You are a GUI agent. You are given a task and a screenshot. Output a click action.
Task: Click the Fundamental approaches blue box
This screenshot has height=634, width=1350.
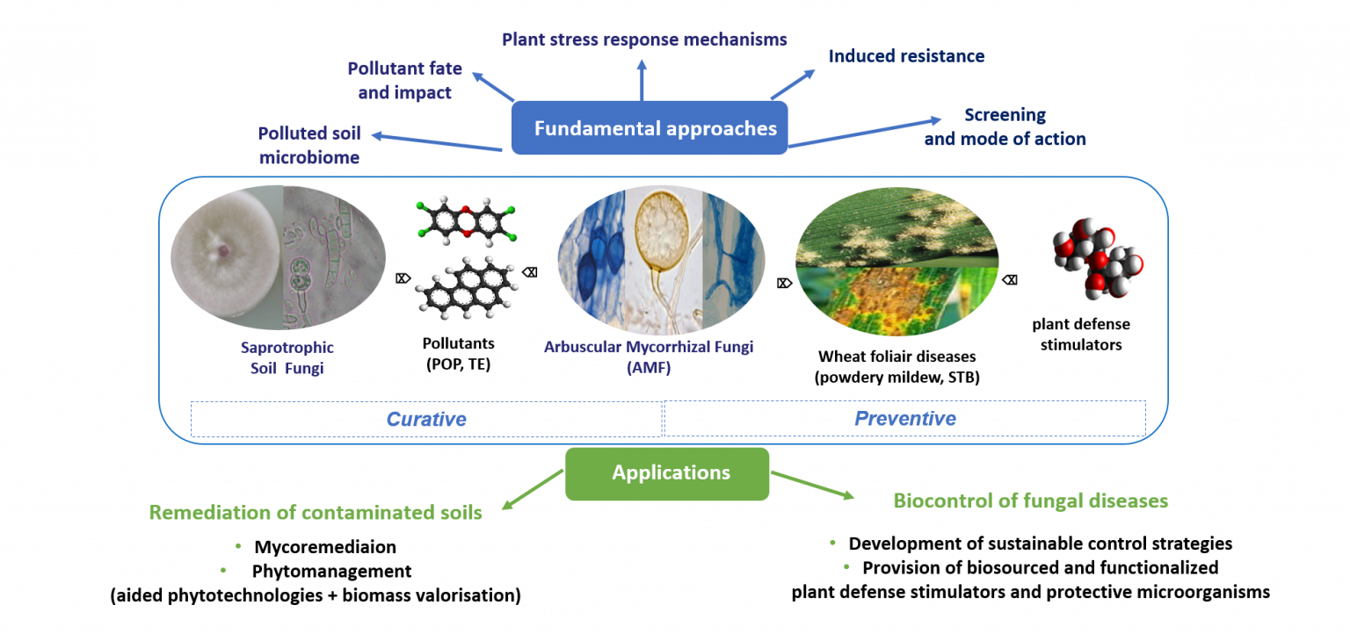[x=650, y=128]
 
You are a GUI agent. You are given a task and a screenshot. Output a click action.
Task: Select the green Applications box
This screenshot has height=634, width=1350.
[x=667, y=473]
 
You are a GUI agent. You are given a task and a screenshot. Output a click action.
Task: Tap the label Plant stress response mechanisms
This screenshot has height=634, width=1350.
[x=644, y=40]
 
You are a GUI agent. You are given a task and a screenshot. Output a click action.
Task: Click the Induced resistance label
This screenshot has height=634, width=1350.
[x=906, y=56]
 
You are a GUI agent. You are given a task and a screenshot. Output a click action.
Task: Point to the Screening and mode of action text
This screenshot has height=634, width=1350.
[x=1005, y=127]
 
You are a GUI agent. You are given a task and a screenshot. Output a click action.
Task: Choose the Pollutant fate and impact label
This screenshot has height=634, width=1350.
[x=404, y=80]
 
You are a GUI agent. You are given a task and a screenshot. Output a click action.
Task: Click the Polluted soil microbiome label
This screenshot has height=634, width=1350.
[x=308, y=145]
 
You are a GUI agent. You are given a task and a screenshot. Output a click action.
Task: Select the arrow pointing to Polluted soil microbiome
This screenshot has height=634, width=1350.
[x=436, y=142]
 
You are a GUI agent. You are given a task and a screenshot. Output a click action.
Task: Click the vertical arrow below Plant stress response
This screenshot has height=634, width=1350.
[x=642, y=80]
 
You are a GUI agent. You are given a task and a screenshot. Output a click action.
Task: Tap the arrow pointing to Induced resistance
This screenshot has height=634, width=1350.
[x=793, y=84]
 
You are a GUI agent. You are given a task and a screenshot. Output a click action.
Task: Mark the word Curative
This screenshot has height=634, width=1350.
[x=426, y=419]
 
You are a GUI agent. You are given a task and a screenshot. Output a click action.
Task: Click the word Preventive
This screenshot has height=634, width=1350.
[x=904, y=418]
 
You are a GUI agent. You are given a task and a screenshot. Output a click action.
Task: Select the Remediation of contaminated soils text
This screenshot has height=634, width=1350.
[x=316, y=513]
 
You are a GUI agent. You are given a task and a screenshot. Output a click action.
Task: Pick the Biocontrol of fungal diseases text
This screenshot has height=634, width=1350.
[x=1030, y=501]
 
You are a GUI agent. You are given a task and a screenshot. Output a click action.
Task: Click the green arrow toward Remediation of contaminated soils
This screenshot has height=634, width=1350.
[x=531, y=490]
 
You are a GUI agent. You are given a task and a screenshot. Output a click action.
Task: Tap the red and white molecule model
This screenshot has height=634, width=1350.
[x=1093, y=262]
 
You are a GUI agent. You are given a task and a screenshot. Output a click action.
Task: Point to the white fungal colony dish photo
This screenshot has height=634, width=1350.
[x=227, y=262]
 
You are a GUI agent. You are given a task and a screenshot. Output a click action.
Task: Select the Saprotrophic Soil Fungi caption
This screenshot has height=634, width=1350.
[x=287, y=358]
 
